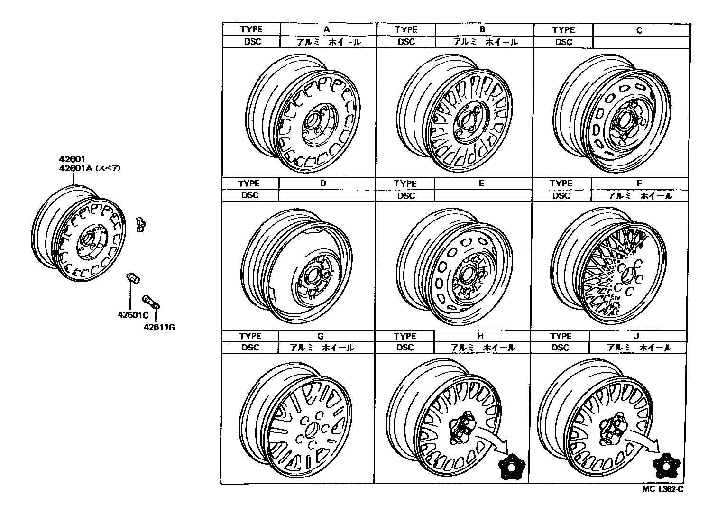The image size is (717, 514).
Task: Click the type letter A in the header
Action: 327,29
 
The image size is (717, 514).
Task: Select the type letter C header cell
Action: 639,30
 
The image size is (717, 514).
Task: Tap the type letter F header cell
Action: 639,184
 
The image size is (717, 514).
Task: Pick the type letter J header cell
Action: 637,336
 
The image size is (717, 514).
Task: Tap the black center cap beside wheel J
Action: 665,466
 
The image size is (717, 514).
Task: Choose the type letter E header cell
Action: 481,184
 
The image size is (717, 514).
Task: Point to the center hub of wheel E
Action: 467,275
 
